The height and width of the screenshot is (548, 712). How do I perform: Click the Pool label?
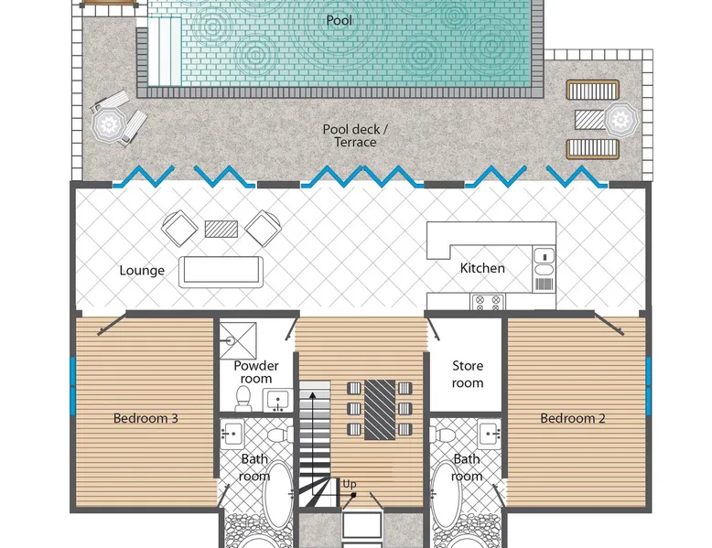pos(340,20)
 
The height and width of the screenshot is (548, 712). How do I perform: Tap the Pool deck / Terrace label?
pos(355,135)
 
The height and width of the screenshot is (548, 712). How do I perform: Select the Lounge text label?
pos(142,271)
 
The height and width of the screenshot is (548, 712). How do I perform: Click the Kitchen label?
pos(482,268)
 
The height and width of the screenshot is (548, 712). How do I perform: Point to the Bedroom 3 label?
pos(146,418)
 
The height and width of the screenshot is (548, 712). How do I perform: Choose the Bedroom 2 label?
pos(573,418)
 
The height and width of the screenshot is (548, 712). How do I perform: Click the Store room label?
pos(468,374)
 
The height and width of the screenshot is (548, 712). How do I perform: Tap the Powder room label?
pos(255,371)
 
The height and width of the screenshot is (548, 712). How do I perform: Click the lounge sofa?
pos(221,272)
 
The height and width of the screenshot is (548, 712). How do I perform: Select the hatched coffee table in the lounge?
pos(221,230)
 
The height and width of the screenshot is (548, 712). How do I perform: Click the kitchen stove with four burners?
pos(488,303)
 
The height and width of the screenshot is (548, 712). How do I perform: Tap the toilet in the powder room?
pos(243,398)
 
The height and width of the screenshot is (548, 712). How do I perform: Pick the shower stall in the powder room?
pos(238,340)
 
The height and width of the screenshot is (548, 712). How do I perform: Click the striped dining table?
pos(380,410)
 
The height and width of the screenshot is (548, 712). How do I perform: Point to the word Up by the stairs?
pos(350,484)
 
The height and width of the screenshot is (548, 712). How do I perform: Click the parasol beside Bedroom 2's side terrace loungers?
pos(620,120)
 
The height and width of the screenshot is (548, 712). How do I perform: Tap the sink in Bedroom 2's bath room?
pos(490,433)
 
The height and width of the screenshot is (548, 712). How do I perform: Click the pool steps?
pos(165,51)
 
